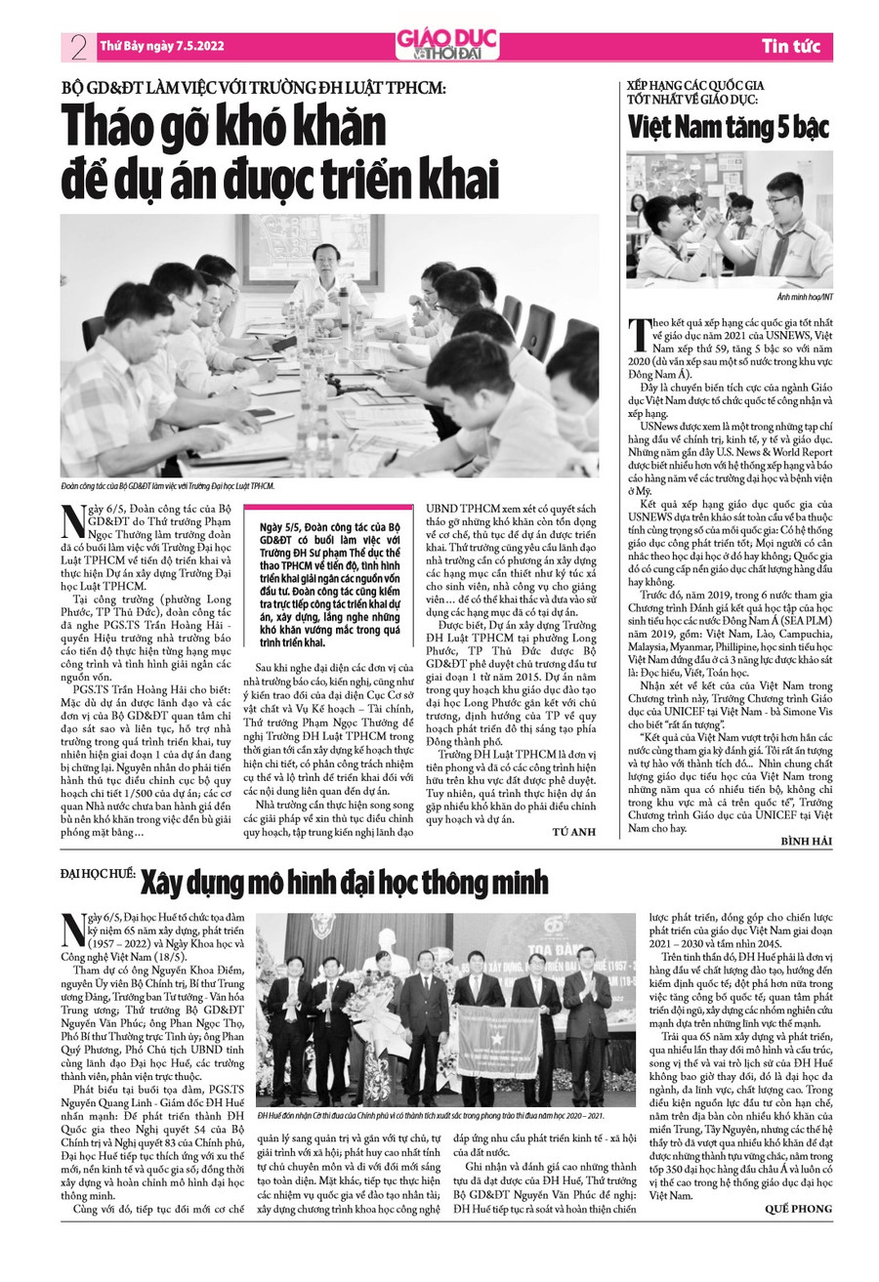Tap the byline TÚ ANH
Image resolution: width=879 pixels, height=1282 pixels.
point(574,831)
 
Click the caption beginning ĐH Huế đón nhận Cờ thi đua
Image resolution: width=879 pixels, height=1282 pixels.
point(430,1116)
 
